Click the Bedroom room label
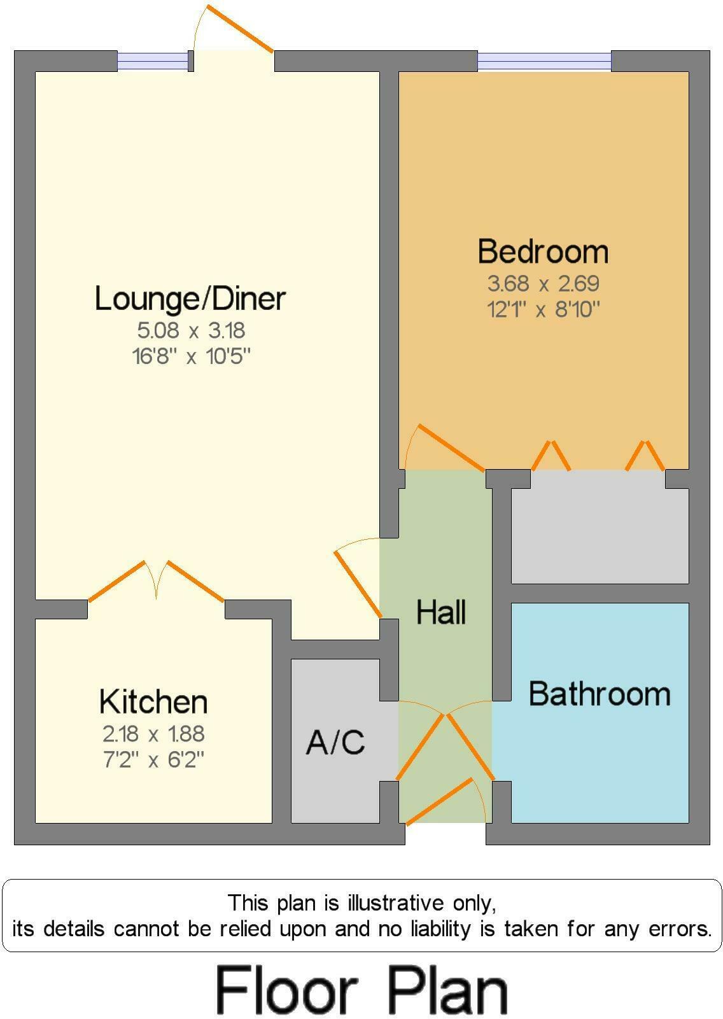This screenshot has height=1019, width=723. point(543,251)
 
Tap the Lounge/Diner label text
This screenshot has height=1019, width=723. point(190,299)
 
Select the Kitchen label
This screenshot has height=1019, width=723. point(153,702)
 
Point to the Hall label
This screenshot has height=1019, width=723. point(441,612)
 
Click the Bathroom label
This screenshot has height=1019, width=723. point(600,694)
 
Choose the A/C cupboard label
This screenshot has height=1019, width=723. point(335,742)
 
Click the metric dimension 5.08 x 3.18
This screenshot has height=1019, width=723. point(191,330)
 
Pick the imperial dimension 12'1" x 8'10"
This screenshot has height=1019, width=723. point(544,309)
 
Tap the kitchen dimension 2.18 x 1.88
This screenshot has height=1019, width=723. point(153,734)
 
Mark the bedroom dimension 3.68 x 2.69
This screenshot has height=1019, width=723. point(544,283)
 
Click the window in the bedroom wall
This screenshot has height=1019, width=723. point(544,61)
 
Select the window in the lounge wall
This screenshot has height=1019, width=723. point(153,61)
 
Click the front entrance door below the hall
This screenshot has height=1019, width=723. point(439,801)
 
